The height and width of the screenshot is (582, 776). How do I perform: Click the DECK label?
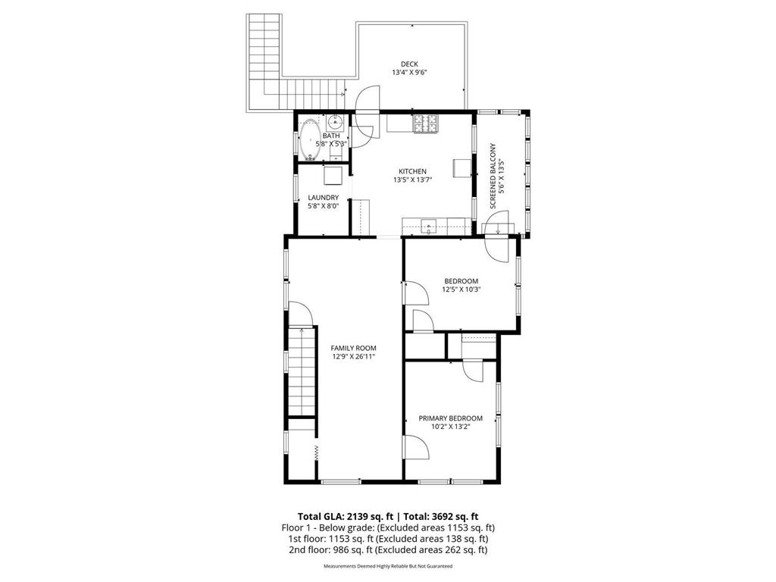click(x=409, y=64)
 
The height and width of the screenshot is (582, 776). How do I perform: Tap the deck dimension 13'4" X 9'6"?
click(x=409, y=74)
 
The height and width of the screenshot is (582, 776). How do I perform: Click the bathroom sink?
click(x=336, y=121)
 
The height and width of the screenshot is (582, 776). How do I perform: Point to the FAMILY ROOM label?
click(x=353, y=348)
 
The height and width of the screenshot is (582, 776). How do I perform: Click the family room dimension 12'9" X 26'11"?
click(x=353, y=357)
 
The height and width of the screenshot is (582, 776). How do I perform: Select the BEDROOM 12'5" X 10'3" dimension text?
click(x=461, y=289)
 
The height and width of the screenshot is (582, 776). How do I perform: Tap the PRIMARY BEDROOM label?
click(x=451, y=418)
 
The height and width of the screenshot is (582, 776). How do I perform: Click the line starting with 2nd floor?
click(x=387, y=550)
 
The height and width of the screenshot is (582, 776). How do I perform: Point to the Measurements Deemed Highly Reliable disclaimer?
click(x=387, y=566)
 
